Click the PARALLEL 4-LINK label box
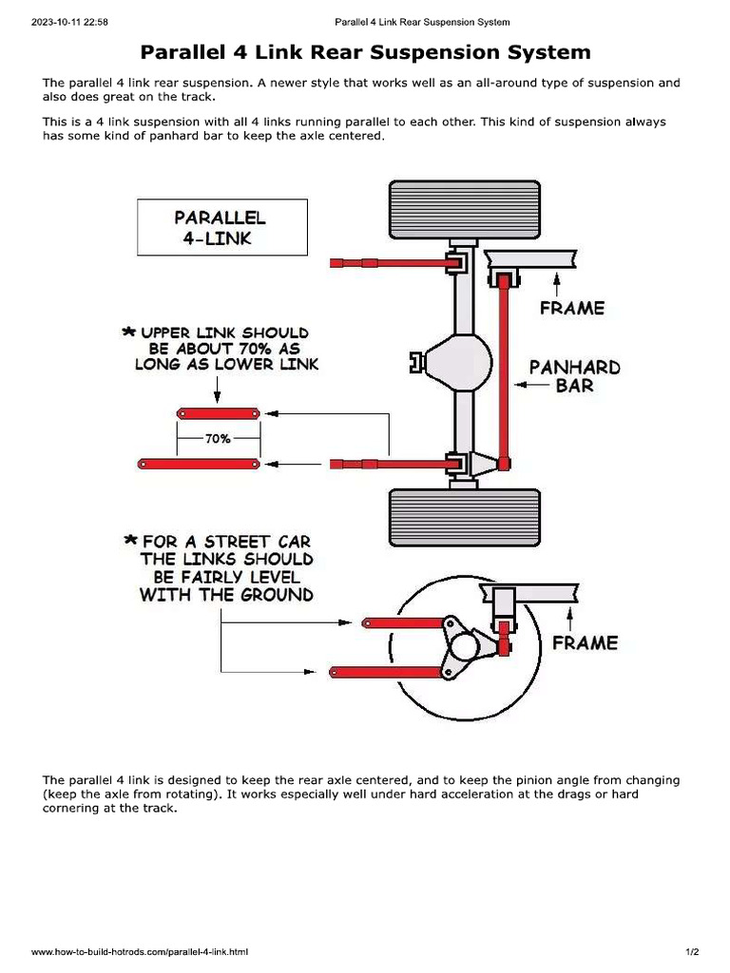pos(222,227)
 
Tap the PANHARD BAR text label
pos(574,376)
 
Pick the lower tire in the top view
pos(464,518)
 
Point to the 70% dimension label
pos(219,439)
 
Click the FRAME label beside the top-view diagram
pos(571,308)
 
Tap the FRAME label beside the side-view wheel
pos(585,642)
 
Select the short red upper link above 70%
pos(219,413)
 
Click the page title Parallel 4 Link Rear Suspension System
pos(365,52)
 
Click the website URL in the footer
pos(140,951)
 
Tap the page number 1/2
pos(691,951)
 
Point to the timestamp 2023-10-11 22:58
pos(69,22)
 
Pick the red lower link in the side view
pos(385,671)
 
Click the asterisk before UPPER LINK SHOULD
pos(127,333)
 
